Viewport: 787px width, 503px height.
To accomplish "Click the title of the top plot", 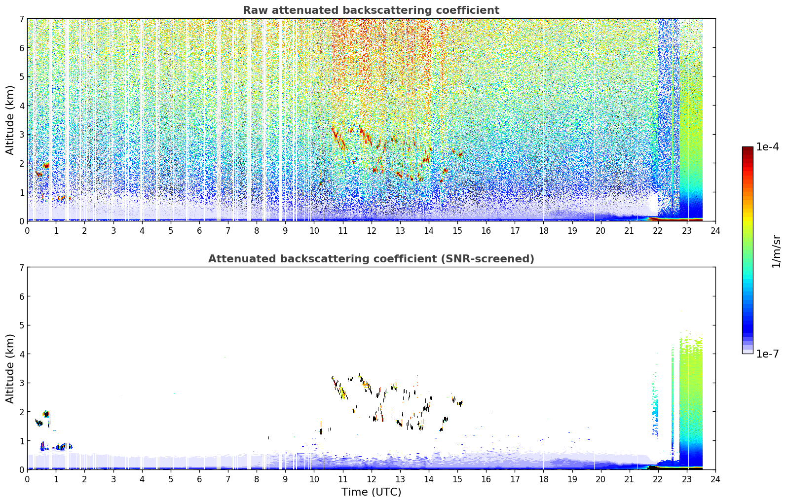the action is pyautogui.click(x=371, y=10).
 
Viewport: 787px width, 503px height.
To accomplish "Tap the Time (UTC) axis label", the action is pyautogui.click(x=371, y=492).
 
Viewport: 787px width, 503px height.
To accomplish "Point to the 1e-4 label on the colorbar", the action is pyautogui.click(x=767, y=147).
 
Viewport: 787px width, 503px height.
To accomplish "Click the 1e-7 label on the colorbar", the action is pyautogui.click(x=767, y=354).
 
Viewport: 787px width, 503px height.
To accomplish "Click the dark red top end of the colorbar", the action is pyautogui.click(x=748, y=149).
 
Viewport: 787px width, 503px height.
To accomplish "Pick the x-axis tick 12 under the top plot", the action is pyautogui.click(x=372, y=230).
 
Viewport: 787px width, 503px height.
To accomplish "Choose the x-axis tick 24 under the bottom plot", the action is pyautogui.click(x=715, y=479).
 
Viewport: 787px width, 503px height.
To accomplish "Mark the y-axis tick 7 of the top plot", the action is pyautogui.click(x=22, y=19).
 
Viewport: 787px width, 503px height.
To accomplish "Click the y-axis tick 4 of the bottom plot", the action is pyautogui.click(x=22, y=354).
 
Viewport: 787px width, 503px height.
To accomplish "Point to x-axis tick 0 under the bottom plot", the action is pyautogui.click(x=28, y=479).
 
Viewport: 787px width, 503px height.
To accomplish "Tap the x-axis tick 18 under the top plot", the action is pyautogui.click(x=544, y=230).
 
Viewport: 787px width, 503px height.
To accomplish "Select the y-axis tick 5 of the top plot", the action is pyautogui.click(x=22, y=76).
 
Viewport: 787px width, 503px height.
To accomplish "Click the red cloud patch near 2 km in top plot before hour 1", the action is pyautogui.click(x=46, y=165).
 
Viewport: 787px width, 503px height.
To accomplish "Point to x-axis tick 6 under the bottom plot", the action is pyautogui.click(x=199, y=479).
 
